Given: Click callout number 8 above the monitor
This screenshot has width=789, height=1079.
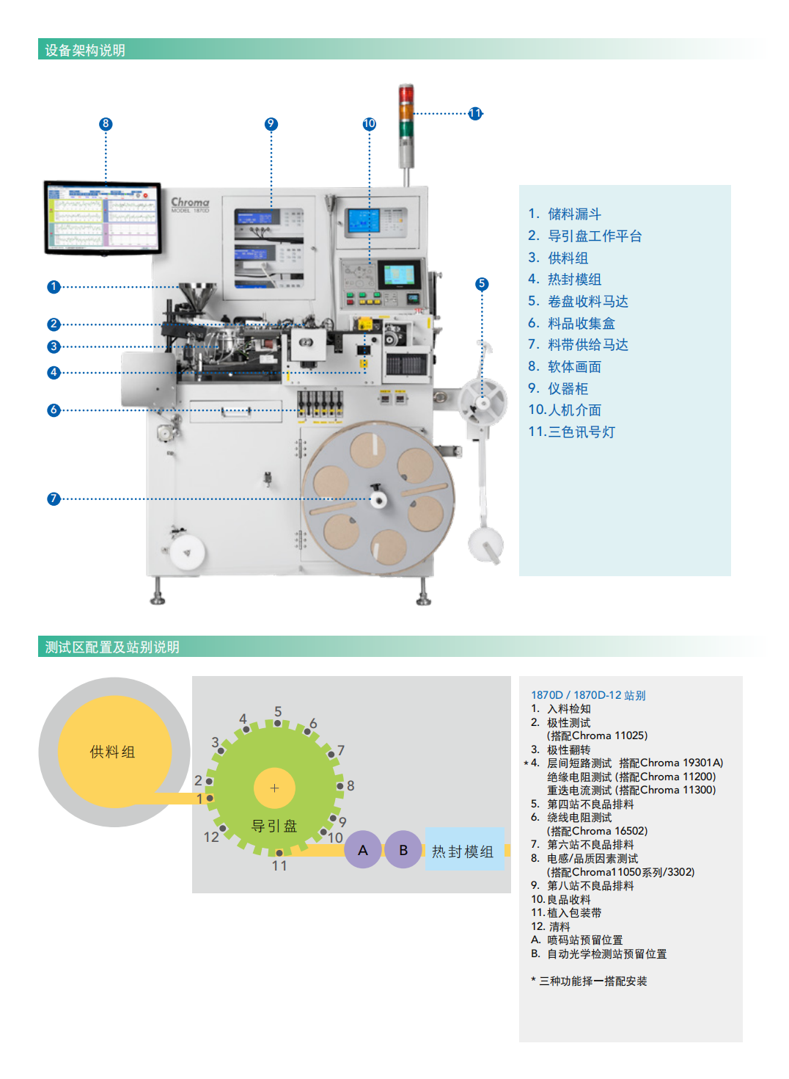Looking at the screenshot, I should [106, 124].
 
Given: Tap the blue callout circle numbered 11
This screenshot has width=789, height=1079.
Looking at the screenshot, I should [475, 113].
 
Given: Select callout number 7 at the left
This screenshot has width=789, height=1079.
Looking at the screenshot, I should [54, 499].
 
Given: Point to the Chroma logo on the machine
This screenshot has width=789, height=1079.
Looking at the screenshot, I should [190, 202].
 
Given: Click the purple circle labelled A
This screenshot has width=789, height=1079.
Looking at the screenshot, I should [363, 850].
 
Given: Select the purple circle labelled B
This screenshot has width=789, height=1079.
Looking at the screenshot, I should [403, 850].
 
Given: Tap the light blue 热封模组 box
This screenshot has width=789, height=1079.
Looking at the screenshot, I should [463, 850].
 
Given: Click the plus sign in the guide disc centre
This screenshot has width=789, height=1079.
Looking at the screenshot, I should [274, 788].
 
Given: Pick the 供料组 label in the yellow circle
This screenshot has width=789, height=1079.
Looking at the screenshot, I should [112, 752].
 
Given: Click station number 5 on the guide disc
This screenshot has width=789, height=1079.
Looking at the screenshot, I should [278, 712].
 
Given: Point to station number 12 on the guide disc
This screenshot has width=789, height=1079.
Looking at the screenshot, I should [211, 837].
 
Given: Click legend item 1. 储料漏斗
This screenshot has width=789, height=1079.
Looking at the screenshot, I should [565, 214].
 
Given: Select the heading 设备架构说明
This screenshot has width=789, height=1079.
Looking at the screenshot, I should [85, 50].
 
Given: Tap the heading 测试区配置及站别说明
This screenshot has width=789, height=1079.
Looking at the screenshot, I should [112, 647].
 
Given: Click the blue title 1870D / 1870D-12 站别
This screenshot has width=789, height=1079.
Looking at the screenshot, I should [588, 695].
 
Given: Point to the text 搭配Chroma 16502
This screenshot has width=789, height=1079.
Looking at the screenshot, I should [598, 831].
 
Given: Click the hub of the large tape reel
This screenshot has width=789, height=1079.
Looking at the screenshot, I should [378, 499].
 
